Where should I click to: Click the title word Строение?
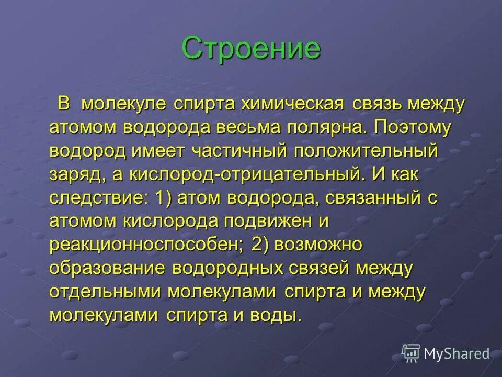pos(251,49)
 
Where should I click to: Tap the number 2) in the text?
pos(259,245)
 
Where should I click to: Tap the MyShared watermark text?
pos(457,354)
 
